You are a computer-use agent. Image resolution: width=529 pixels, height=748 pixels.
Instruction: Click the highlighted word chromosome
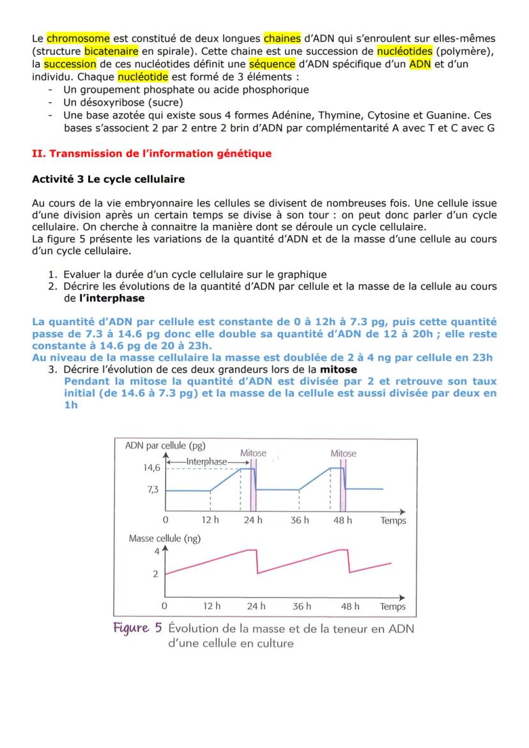[x=78, y=38]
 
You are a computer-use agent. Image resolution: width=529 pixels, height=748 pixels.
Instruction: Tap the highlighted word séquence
[x=272, y=64]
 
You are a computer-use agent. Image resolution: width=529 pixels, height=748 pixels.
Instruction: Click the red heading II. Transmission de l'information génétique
[x=151, y=153]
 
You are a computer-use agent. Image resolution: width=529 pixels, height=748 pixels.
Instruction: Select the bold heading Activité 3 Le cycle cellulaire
[x=108, y=179]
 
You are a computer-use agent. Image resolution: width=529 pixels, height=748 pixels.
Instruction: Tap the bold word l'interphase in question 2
[x=112, y=298]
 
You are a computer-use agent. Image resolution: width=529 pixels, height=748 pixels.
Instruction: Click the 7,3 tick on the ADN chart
[x=154, y=490]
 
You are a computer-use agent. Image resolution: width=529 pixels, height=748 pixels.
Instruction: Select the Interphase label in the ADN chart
[x=206, y=461]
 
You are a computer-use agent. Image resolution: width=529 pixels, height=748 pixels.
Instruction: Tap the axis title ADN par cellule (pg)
[x=165, y=446]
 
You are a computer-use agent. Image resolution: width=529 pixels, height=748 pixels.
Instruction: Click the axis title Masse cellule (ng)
[x=164, y=538]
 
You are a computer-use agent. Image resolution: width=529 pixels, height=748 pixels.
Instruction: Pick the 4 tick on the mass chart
[x=155, y=551]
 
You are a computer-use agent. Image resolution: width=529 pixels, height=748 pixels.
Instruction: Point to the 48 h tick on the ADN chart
[x=342, y=520]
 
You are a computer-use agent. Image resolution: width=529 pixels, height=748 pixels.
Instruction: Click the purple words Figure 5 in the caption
[x=137, y=628]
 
